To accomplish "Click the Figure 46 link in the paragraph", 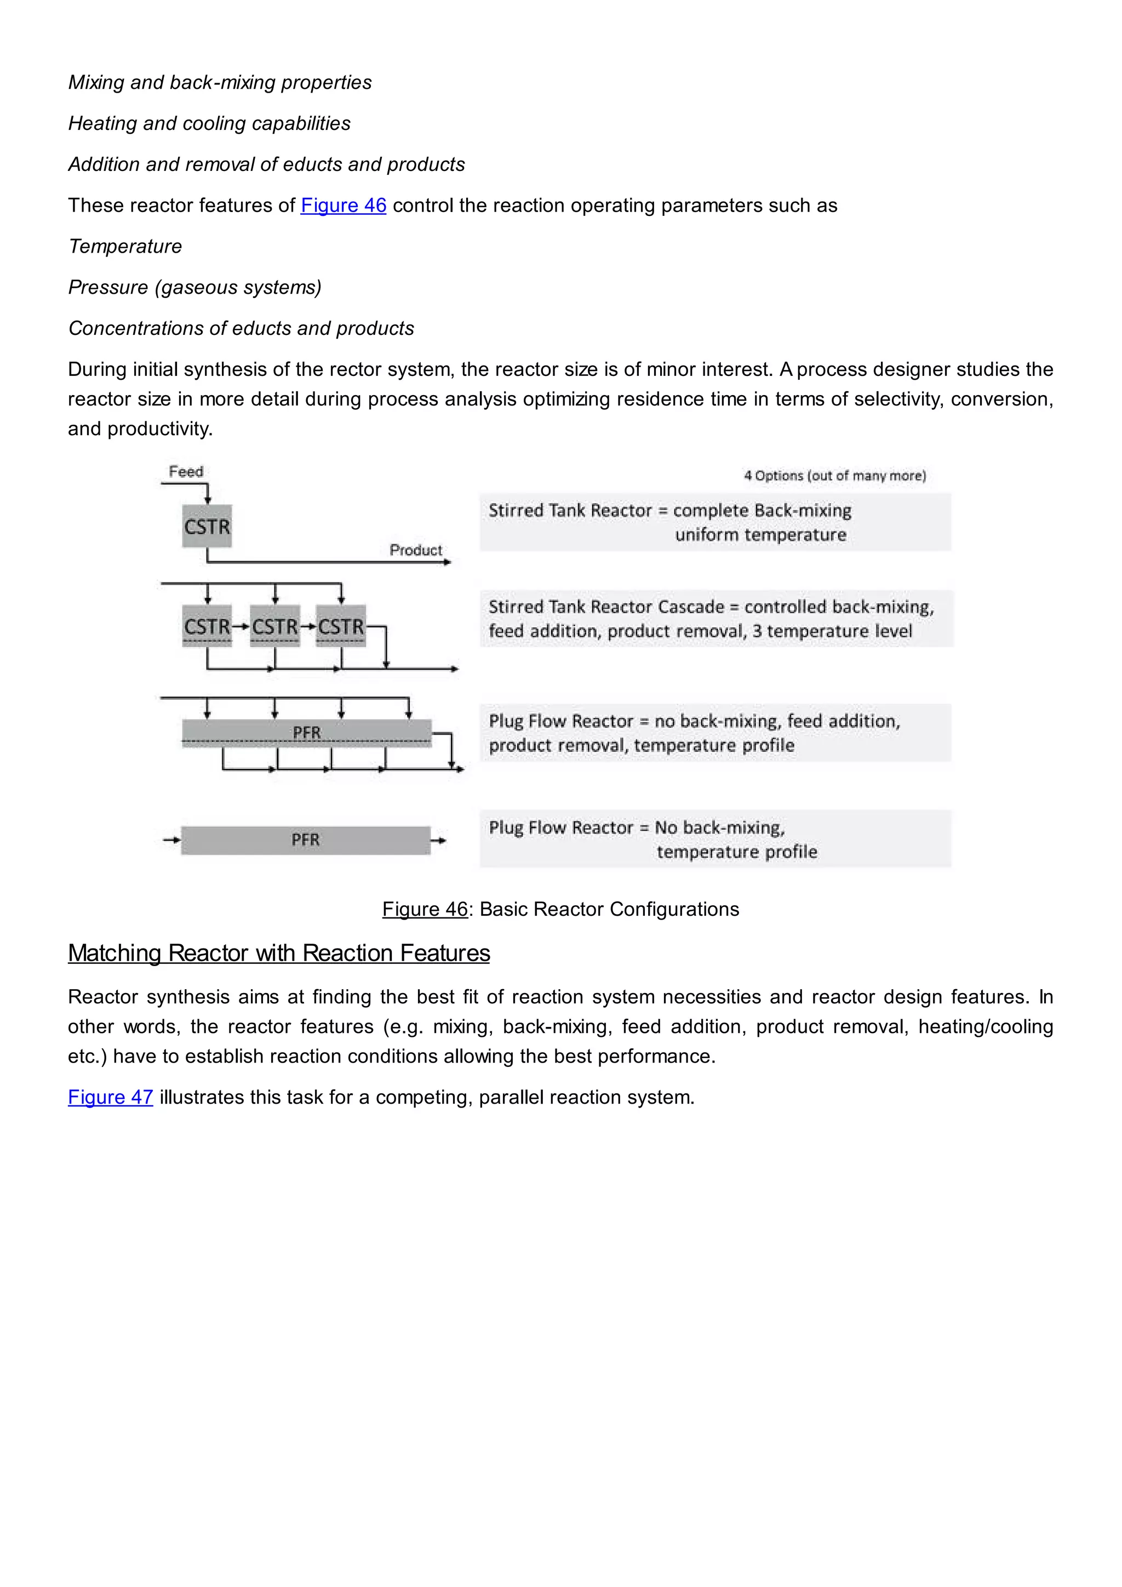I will pyautogui.click(x=344, y=205).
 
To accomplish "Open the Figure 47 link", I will pyautogui.click(x=110, y=1097).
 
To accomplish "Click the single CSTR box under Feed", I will pyautogui.click(x=207, y=527).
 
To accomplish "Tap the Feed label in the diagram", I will pyautogui.click(x=186, y=471).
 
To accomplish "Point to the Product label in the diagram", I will pyautogui.click(x=415, y=550).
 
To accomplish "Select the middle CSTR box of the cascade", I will pyautogui.click(x=274, y=626).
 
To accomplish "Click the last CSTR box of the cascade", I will pyautogui.click(x=341, y=626).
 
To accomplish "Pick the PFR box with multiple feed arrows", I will pyautogui.click(x=307, y=733).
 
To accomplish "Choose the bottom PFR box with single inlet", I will pyautogui.click(x=305, y=840).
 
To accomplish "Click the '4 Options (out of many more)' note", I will pyautogui.click(x=834, y=476).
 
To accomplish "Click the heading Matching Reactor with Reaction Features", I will pyautogui.click(x=278, y=953).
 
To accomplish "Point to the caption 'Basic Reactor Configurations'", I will pyautogui.click(x=609, y=909).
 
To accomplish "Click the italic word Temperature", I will pyautogui.click(x=125, y=246).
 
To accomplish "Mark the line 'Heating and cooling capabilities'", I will pyautogui.click(x=209, y=123).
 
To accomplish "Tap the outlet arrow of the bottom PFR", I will pyautogui.click(x=439, y=841).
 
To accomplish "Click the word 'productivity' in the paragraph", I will pyautogui.click(x=158, y=429).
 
